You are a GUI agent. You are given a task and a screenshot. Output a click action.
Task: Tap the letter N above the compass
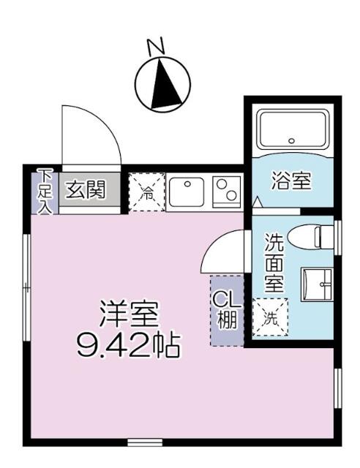pyautogui.click(x=155, y=47)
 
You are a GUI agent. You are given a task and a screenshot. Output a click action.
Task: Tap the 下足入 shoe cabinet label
pyautogui.click(x=45, y=192)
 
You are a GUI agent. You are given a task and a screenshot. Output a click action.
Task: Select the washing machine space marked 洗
pyautogui.click(x=270, y=317)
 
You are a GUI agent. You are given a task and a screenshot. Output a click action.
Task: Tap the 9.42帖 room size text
pyautogui.click(x=128, y=344)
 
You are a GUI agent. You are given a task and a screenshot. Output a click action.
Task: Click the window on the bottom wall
pyautogui.click(x=145, y=442)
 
